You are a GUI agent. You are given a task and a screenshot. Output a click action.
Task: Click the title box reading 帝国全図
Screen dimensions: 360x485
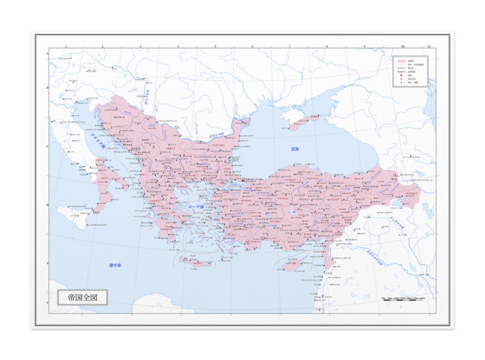[82, 297]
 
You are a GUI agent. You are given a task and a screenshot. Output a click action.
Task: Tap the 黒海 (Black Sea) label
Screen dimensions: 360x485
[295, 149]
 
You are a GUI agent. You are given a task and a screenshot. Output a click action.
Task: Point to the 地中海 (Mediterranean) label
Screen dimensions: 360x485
[115, 265]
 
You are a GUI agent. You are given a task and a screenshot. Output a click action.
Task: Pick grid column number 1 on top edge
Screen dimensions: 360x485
[66, 47]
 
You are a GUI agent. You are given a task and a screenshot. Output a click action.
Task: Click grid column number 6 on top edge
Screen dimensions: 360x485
[252, 47]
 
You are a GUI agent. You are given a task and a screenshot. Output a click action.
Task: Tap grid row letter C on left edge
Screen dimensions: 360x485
[48, 146]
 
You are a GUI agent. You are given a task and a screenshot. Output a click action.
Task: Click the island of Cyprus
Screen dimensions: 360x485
[296, 264]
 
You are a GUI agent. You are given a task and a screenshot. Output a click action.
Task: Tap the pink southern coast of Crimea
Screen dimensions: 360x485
[302, 123]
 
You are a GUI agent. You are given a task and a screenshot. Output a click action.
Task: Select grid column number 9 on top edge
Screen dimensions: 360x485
[364, 47]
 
